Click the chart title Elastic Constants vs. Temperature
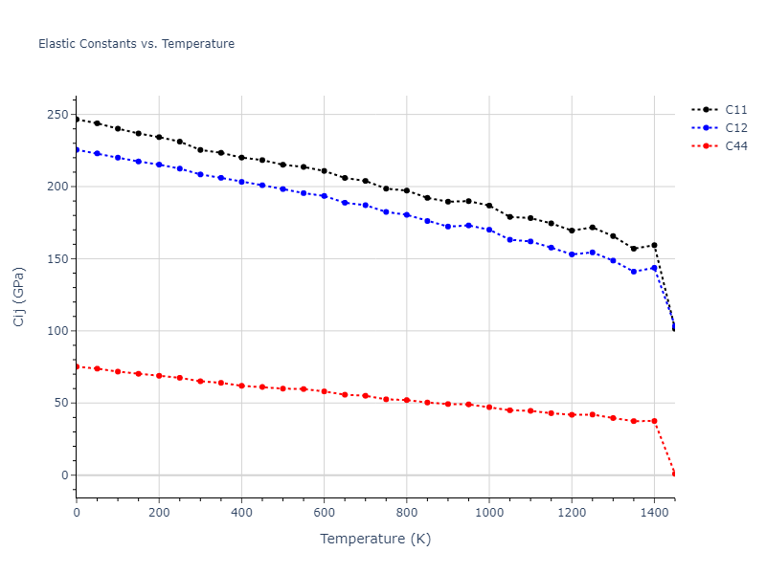[x=136, y=44]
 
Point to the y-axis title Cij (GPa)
[x=19, y=297]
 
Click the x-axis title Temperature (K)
[x=375, y=539]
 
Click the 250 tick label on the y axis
[x=57, y=115]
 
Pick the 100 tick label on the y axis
[x=57, y=331]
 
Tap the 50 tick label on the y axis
[x=61, y=403]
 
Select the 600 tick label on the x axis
[x=324, y=512]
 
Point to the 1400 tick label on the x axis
[x=654, y=512]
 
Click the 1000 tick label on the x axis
[x=489, y=512]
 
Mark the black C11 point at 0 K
[x=77, y=120]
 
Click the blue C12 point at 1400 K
[x=654, y=268]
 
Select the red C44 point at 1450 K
[x=674, y=474]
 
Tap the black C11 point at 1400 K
[x=654, y=245]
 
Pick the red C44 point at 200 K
[x=159, y=375]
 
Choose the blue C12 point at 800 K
[x=407, y=215]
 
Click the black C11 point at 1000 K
[x=489, y=206]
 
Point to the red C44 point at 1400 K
[x=654, y=421]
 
